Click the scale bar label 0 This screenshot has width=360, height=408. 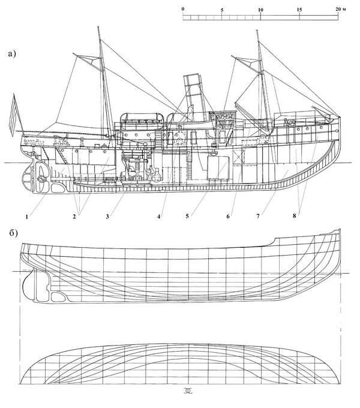tap(183, 9)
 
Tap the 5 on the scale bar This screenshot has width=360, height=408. tap(221, 10)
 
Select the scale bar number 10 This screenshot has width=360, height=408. tap(260, 10)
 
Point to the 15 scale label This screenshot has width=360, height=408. tap(299, 10)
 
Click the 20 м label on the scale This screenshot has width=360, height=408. tap(341, 9)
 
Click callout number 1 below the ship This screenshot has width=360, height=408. tap(27, 216)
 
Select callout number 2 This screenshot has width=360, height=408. tap(74, 216)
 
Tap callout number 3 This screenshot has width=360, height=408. tap(107, 216)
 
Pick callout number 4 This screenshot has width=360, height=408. tap(158, 216)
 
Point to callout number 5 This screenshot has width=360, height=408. tap(187, 216)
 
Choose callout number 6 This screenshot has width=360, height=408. tap(228, 216)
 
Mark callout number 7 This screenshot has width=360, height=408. tap(258, 216)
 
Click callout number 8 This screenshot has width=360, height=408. tap(294, 216)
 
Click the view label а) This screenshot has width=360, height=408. tap(13, 54)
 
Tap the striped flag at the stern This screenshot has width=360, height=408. tap(14, 115)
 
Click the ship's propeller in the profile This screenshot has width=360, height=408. tap(41, 178)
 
